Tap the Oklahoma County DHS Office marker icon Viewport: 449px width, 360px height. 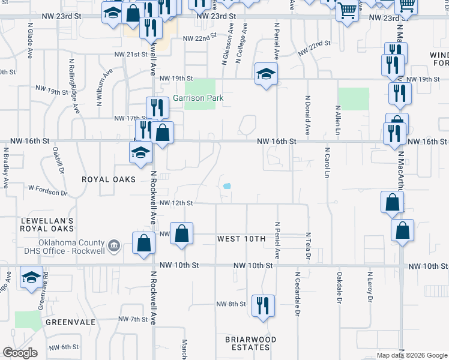[113, 245]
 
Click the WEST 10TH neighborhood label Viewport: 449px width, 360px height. [241, 239]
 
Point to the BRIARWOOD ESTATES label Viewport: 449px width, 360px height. [251, 343]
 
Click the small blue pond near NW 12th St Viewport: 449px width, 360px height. [227, 186]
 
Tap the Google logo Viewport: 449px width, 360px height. [20, 353]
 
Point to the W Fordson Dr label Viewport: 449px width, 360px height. [48, 191]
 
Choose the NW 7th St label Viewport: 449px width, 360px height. [133, 319]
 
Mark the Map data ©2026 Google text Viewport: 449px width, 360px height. [412, 355]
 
